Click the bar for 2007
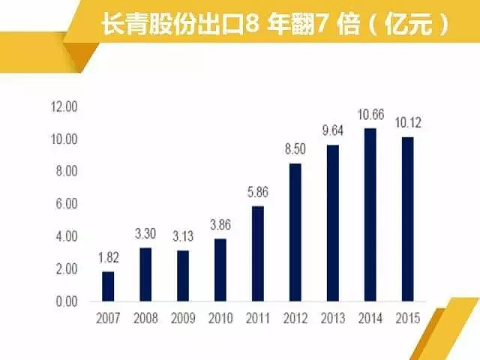point(108,286)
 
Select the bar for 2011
point(258,253)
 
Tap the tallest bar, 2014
point(370,214)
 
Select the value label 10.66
point(370,115)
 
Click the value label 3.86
point(220,225)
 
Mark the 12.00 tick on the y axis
point(64,107)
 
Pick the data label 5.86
point(258,193)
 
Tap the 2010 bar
point(220,269)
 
